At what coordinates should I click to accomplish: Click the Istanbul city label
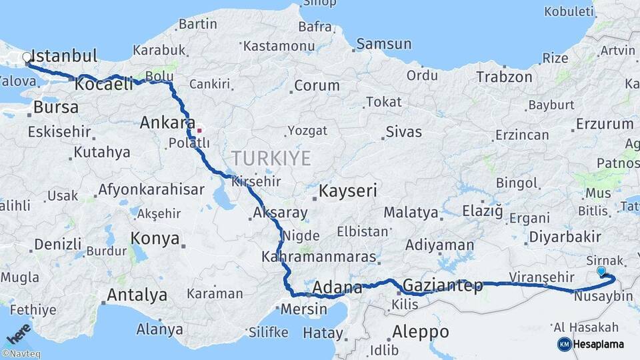[x=65, y=55]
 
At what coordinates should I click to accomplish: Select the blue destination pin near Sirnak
[x=601, y=271]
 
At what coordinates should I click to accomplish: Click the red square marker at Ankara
[x=199, y=130]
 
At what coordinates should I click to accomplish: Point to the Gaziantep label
[x=443, y=286]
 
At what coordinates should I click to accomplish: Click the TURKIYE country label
[x=271, y=158]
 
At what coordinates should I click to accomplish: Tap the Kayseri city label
[x=347, y=191]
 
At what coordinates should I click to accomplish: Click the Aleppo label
[x=420, y=331]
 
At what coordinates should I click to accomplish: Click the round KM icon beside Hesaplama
[x=564, y=344]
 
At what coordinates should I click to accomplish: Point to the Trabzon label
[x=504, y=77]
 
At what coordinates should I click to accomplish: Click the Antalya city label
[x=137, y=295]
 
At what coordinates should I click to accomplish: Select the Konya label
[x=155, y=238]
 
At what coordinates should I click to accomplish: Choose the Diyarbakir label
[x=564, y=237]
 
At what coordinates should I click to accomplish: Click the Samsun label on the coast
[x=383, y=44]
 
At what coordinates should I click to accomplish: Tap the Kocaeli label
[x=104, y=85]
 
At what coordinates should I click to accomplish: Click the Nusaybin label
[x=603, y=295]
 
